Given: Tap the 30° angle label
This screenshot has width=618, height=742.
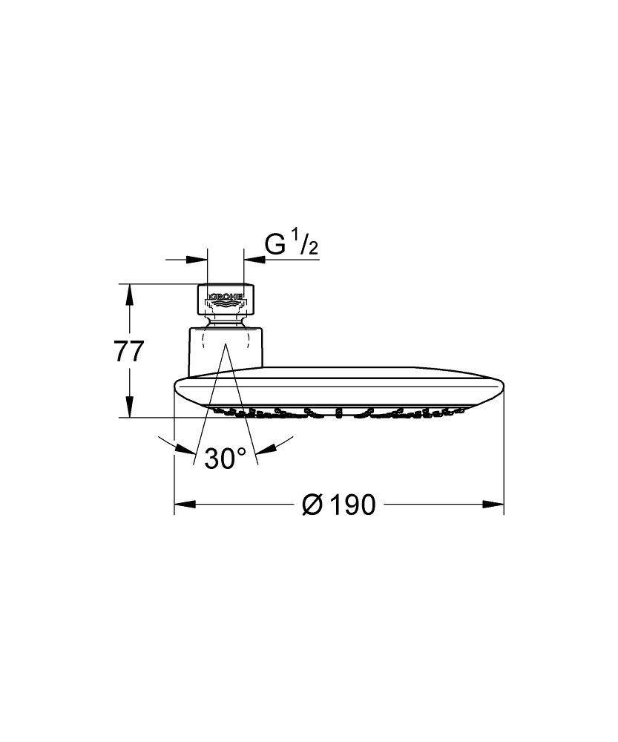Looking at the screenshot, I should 225,458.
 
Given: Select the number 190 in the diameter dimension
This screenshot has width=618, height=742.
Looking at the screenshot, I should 351,505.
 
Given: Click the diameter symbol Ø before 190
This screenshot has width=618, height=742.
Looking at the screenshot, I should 312,505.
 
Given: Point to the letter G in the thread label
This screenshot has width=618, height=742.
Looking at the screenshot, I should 275,246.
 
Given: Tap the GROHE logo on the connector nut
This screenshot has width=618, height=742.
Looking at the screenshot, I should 226,300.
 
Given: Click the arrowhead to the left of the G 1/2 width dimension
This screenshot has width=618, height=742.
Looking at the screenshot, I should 197,259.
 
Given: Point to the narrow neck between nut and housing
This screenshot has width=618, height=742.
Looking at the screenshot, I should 226,321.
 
